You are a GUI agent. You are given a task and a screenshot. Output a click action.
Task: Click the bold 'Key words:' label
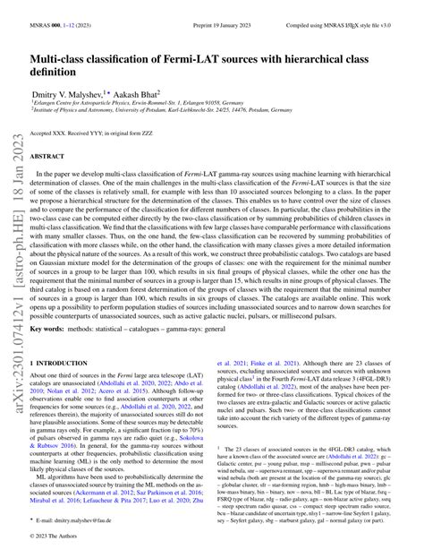click(x=52, y=353)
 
